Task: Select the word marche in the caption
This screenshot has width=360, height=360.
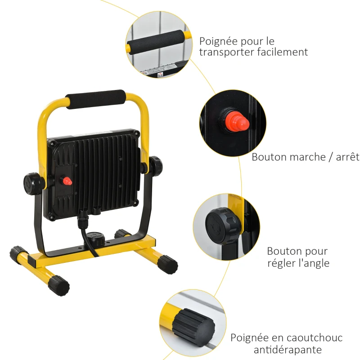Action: click(x=304, y=157)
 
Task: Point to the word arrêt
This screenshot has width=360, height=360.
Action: click(x=348, y=157)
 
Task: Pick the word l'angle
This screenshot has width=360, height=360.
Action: click(x=314, y=263)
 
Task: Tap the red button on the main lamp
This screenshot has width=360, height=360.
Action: click(x=67, y=181)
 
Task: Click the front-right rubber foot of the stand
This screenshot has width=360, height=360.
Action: click(x=167, y=264)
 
